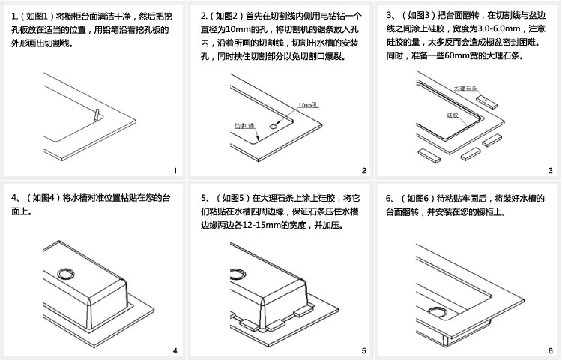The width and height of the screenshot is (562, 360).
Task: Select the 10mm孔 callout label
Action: (x=308, y=106)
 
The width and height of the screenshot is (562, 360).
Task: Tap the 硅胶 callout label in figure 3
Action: (x=452, y=115)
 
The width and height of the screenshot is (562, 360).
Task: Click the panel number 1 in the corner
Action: (x=175, y=172)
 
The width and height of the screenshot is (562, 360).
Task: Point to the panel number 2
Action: (x=363, y=172)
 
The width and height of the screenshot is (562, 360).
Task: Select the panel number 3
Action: (x=550, y=172)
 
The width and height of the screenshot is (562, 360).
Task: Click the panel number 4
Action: (x=175, y=350)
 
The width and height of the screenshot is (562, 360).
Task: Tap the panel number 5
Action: (x=363, y=350)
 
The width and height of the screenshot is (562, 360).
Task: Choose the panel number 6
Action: (x=550, y=350)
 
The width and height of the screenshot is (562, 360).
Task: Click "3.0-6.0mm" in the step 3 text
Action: (x=490, y=28)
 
